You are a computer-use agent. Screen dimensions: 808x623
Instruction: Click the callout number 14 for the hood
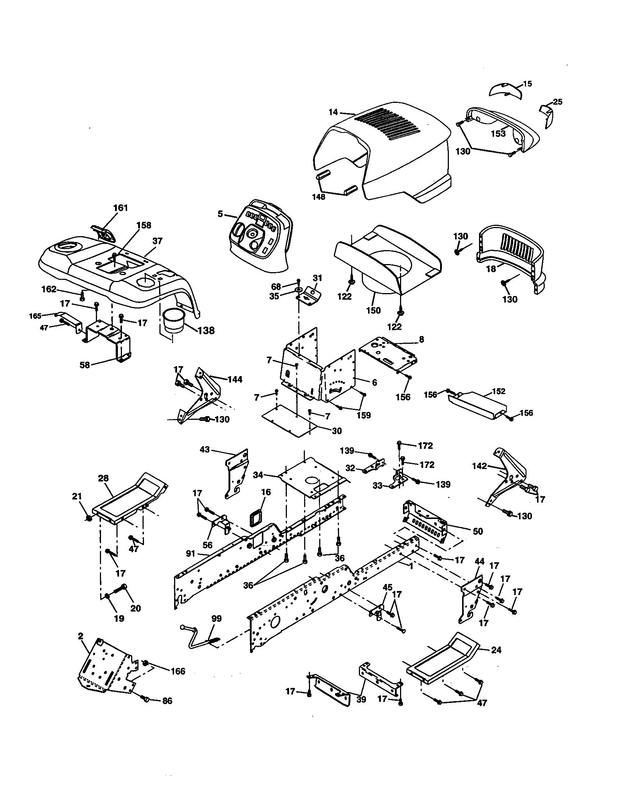click(333, 111)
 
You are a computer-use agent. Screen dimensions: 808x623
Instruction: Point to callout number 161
click(120, 208)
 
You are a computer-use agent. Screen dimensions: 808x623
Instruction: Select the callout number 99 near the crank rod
click(216, 618)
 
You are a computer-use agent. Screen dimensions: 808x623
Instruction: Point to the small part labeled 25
click(547, 114)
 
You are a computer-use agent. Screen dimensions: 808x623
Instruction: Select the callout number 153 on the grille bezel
click(498, 134)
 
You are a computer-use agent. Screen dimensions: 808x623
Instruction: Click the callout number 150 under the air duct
click(373, 310)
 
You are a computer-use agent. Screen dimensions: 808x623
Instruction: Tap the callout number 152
click(498, 392)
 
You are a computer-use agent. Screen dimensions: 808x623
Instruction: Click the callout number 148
click(318, 197)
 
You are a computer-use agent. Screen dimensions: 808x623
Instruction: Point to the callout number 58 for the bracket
click(85, 365)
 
